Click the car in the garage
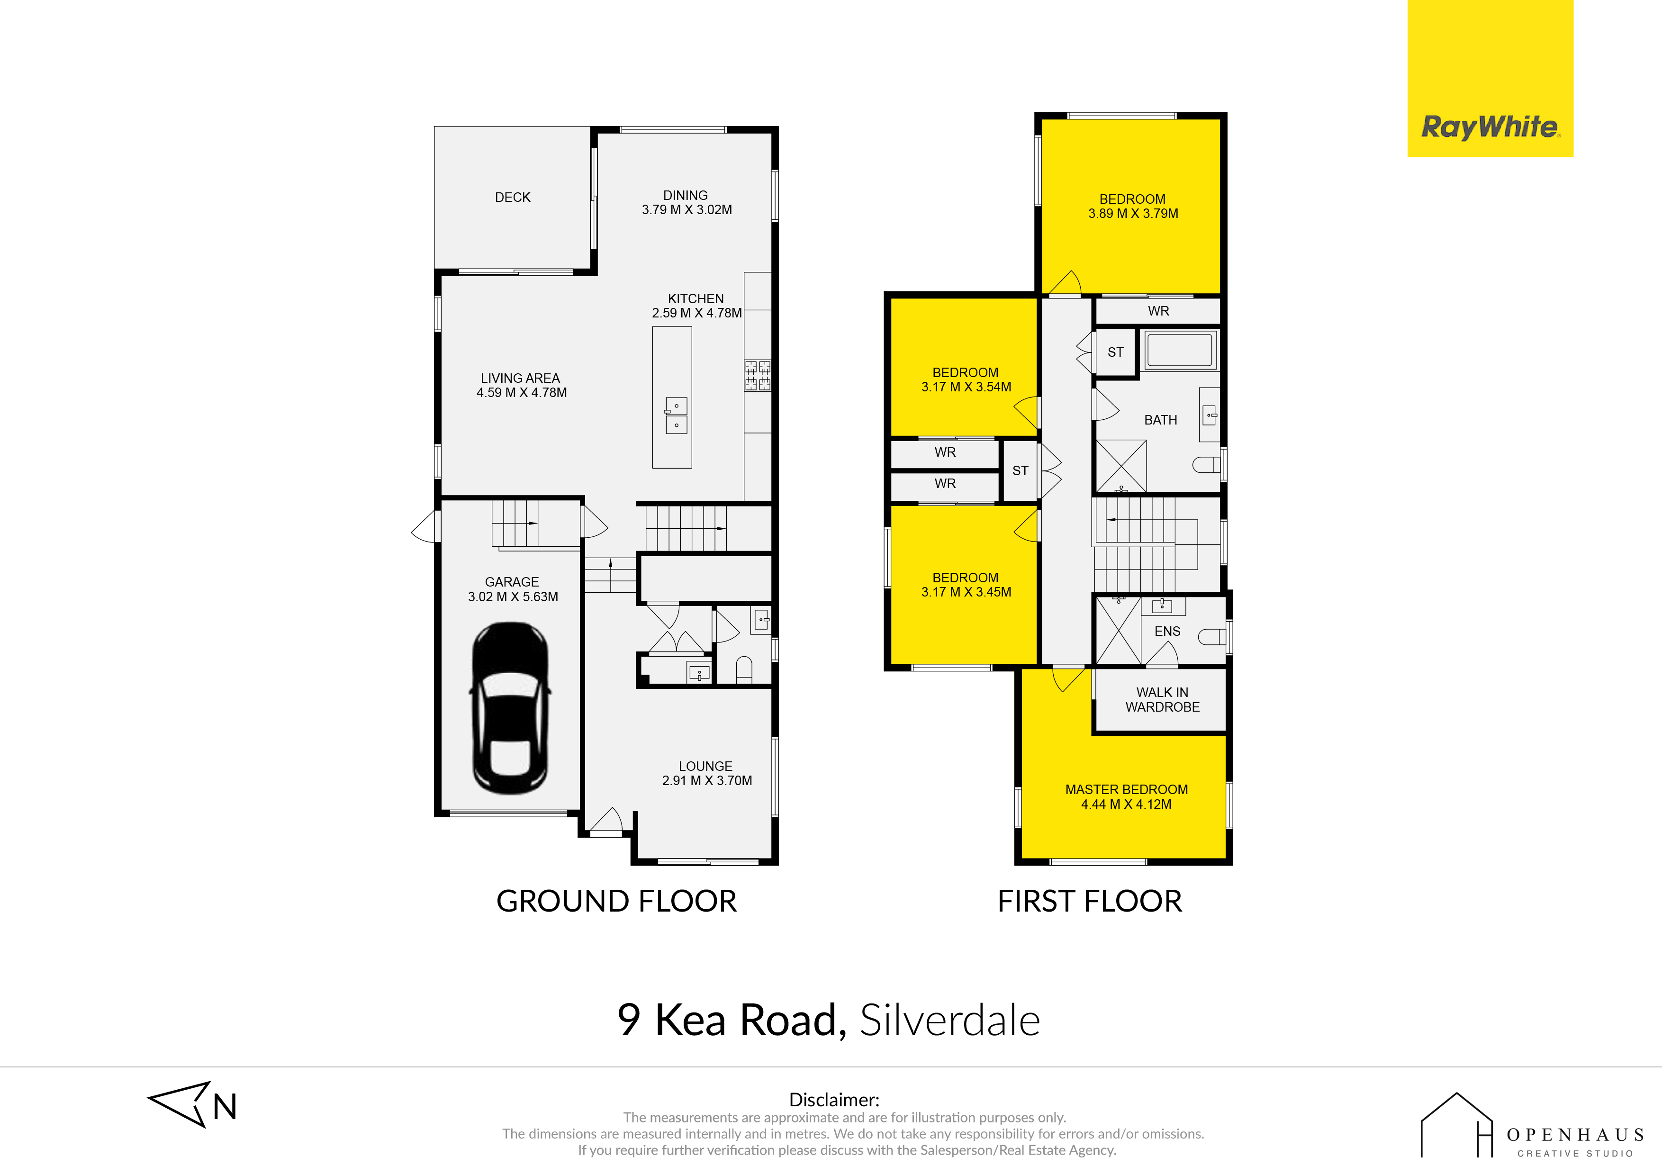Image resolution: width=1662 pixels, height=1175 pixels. [x=510, y=707]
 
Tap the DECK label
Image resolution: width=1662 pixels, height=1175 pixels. [x=513, y=198]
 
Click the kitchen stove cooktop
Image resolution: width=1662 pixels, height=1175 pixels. [x=758, y=376]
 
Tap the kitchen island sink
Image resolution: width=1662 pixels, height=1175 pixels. [x=676, y=416]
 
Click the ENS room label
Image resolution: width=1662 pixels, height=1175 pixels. [x=1167, y=631]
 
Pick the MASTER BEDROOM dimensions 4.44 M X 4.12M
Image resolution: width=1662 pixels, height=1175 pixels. [x=1126, y=804]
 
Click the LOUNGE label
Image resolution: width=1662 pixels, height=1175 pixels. [x=706, y=766]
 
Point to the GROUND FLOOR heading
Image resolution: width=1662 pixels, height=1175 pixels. [x=617, y=901]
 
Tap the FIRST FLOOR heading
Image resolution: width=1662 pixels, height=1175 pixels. [x=1090, y=901]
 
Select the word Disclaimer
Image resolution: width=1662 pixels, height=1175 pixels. [x=834, y=1100]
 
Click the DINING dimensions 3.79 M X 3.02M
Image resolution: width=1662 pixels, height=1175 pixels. [x=687, y=210]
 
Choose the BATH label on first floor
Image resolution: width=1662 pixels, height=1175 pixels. [x=1160, y=420]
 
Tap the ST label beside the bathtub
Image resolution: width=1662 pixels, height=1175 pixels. [x=1115, y=352]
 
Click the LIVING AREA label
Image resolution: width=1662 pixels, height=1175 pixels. [x=521, y=378]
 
